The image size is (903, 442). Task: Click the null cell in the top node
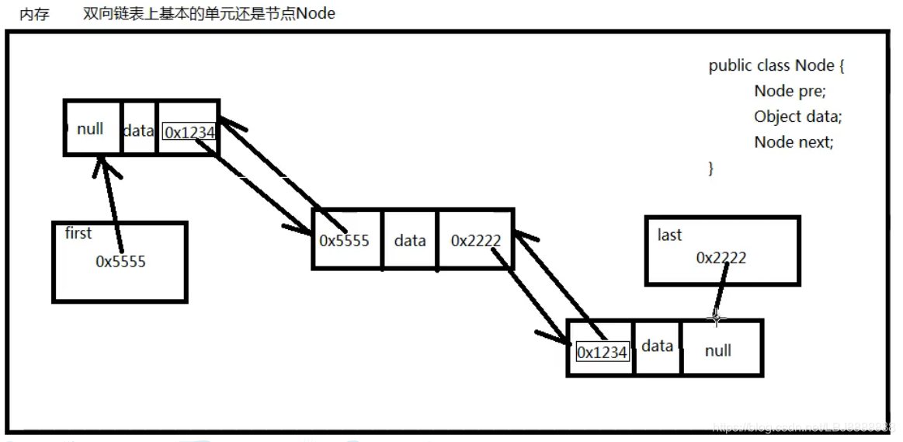pyautogui.click(x=90, y=129)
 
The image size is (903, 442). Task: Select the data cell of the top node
pyautogui.click(x=138, y=131)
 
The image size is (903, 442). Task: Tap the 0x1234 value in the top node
pyautogui.click(x=189, y=133)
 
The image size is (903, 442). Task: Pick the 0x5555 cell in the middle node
pyautogui.click(x=344, y=240)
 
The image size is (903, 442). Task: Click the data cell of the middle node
pyautogui.click(x=410, y=240)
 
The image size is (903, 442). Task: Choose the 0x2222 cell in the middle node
pyautogui.click(x=476, y=240)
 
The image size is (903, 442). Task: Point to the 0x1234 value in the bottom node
pyautogui.click(x=602, y=352)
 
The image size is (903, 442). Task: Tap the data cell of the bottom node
pyautogui.click(x=657, y=346)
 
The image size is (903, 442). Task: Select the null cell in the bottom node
pyautogui.click(x=718, y=350)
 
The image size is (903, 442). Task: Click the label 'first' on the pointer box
pyautogui.click(x=78, y=233)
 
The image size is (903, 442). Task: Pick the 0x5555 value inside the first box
pyautogui.click(x=120, y=262)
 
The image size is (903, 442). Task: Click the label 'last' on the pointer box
pyautogui.click(x=669, y=235)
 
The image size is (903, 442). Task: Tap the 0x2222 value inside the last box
pyautogui.click(x=721, y=258)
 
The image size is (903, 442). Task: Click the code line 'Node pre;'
pyautogui.click(x=790, y=91)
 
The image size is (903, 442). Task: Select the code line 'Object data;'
pyautogui.click(x=797, y=117)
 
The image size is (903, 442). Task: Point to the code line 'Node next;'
pyautogui.click(x=794, y=142)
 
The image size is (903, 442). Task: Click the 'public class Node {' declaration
pyautogui.click(x=776, y=65)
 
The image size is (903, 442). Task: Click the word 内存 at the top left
pyautogui.click(x=34, y=14)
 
